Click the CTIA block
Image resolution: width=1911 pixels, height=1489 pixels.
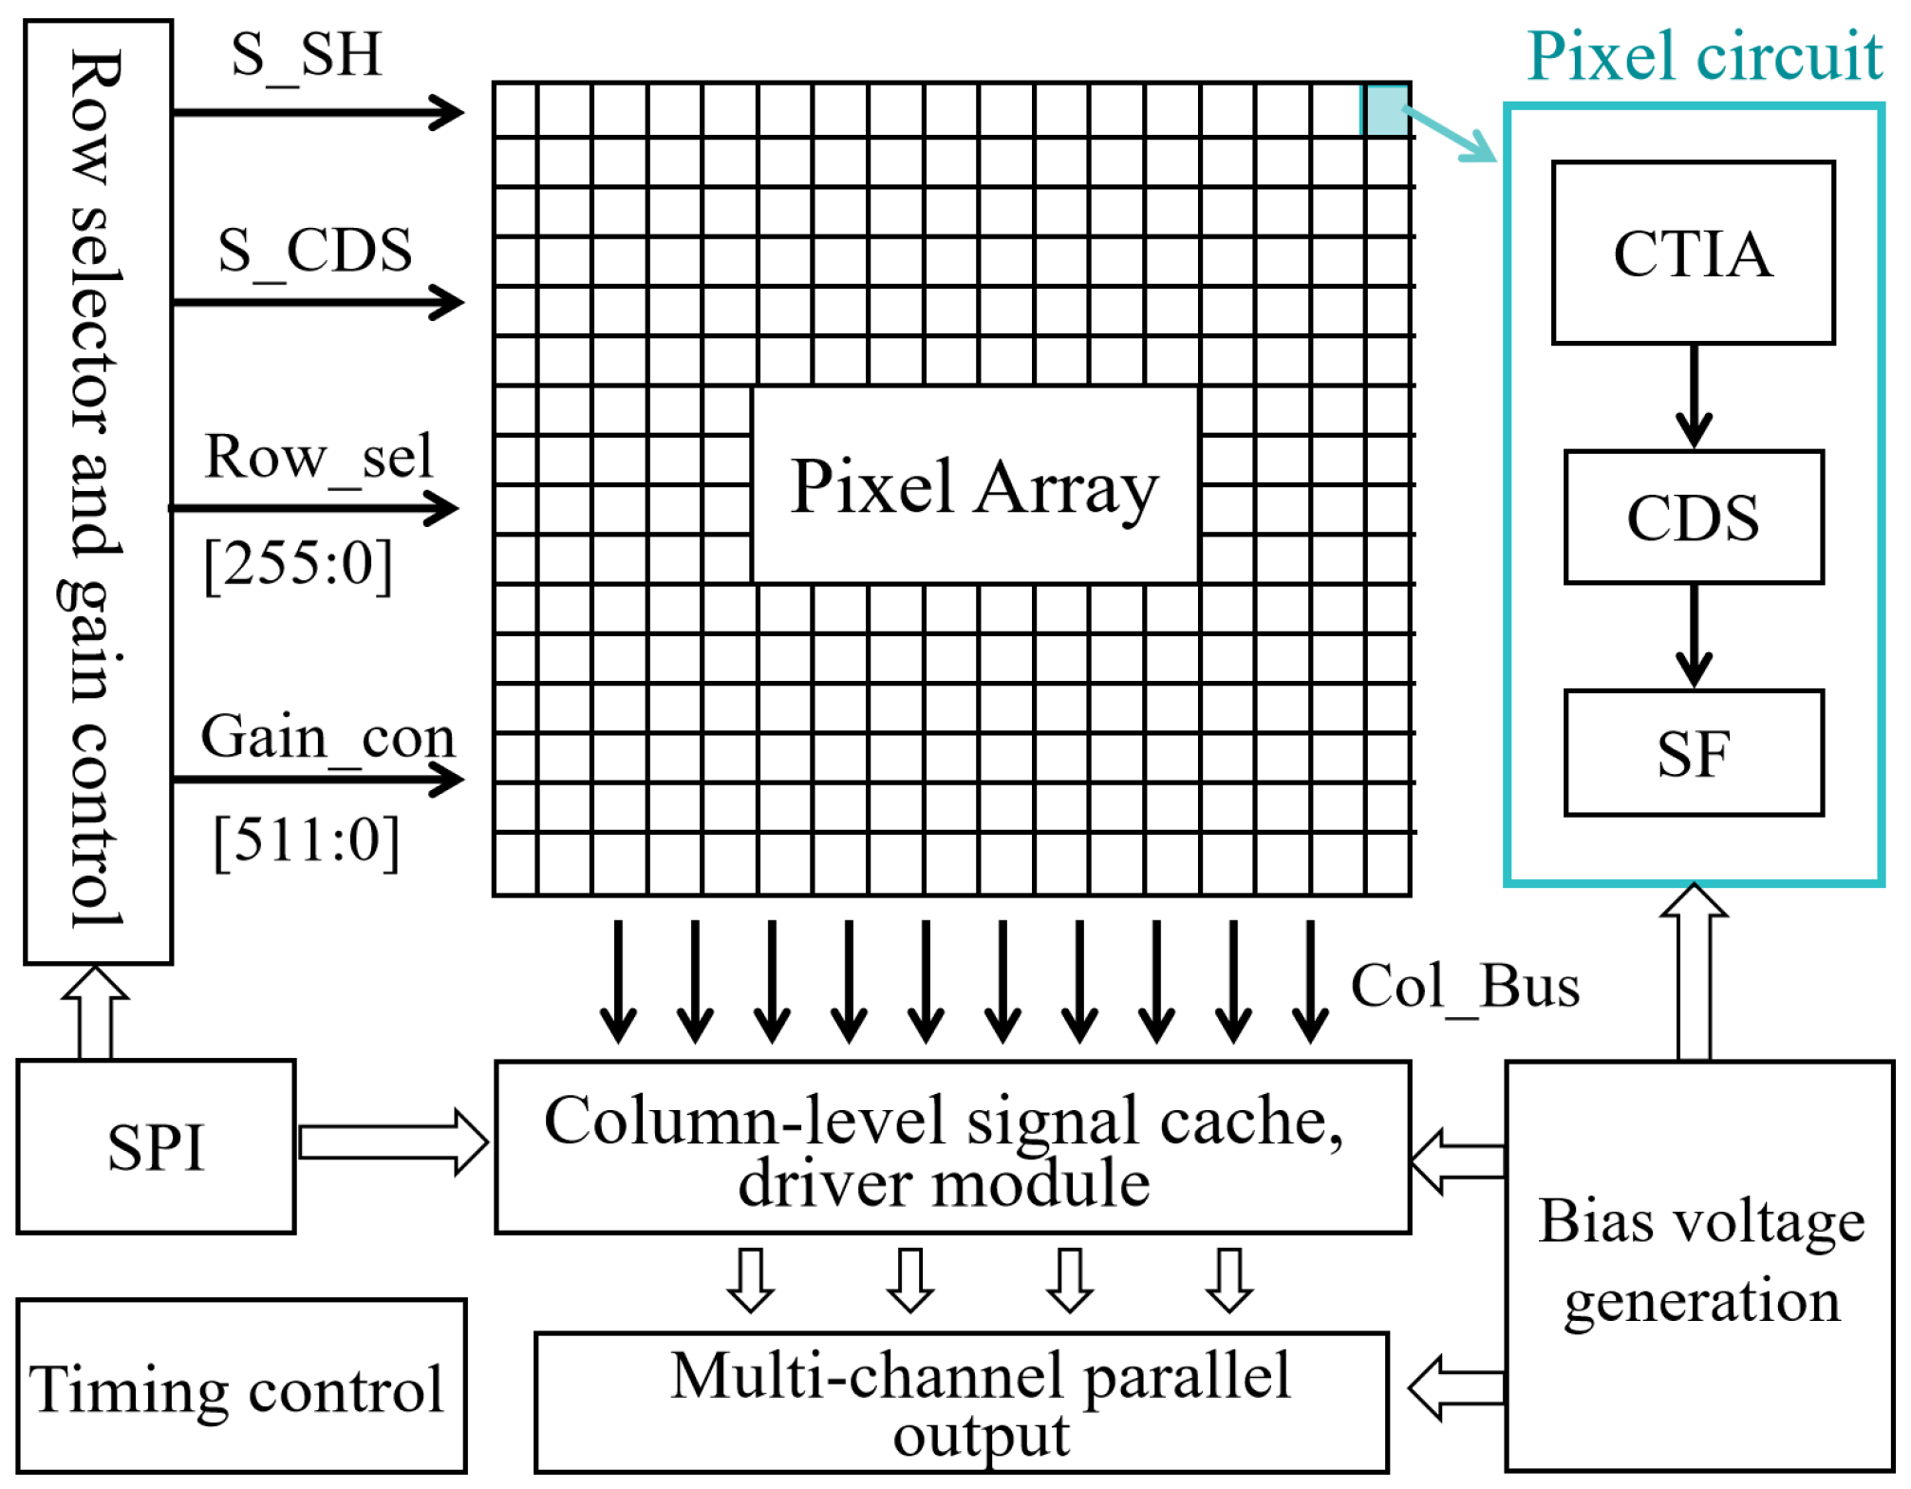tap(1693, 253)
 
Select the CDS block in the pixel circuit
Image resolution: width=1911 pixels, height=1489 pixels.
tap(1693, 517)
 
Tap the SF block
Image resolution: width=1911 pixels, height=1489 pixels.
tap(1693, 752)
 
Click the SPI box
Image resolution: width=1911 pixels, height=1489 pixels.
tap(156, 1146)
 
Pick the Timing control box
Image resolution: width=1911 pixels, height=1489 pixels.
tap(240, 1386)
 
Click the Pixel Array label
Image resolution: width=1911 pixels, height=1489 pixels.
tap(974, 486)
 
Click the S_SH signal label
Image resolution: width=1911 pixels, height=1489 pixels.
tap(306, 54)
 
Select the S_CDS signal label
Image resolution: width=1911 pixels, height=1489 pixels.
tap(315, 251)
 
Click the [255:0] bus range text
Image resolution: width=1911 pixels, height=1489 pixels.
tap(298, 564)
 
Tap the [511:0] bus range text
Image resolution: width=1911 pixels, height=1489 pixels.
tap(306, 840)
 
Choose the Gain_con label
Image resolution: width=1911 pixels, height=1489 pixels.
tap(328, 737)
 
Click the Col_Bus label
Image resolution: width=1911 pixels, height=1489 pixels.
tap(1465, 986)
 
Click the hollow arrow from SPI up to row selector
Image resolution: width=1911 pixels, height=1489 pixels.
tap(95, 1012)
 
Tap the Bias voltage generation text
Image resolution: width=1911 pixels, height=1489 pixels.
tap(1700, 1260)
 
